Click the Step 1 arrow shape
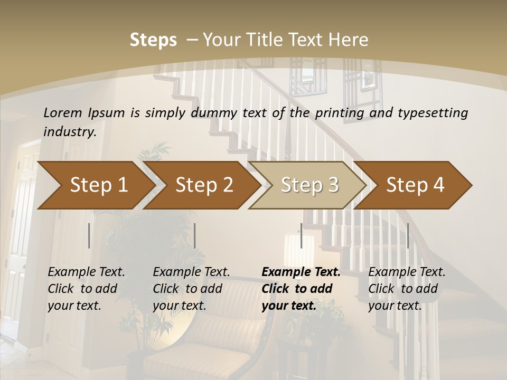click(x=95, y=185)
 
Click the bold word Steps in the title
click(x=153, y=40)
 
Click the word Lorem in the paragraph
click(x=62, y=112)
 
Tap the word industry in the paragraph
click(x=69, y=131)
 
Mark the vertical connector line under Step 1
click(x=89, y=235)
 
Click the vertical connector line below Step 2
click(x=195, y=235)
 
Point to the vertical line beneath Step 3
click(x=301, y=235)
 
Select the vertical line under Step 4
click(x=408, y=235)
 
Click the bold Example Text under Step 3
click(x=301, y=272)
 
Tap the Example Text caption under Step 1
click(x=86, y=272)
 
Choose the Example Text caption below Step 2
click(x=191, y=272)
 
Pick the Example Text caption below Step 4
click(x=407, y=272)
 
